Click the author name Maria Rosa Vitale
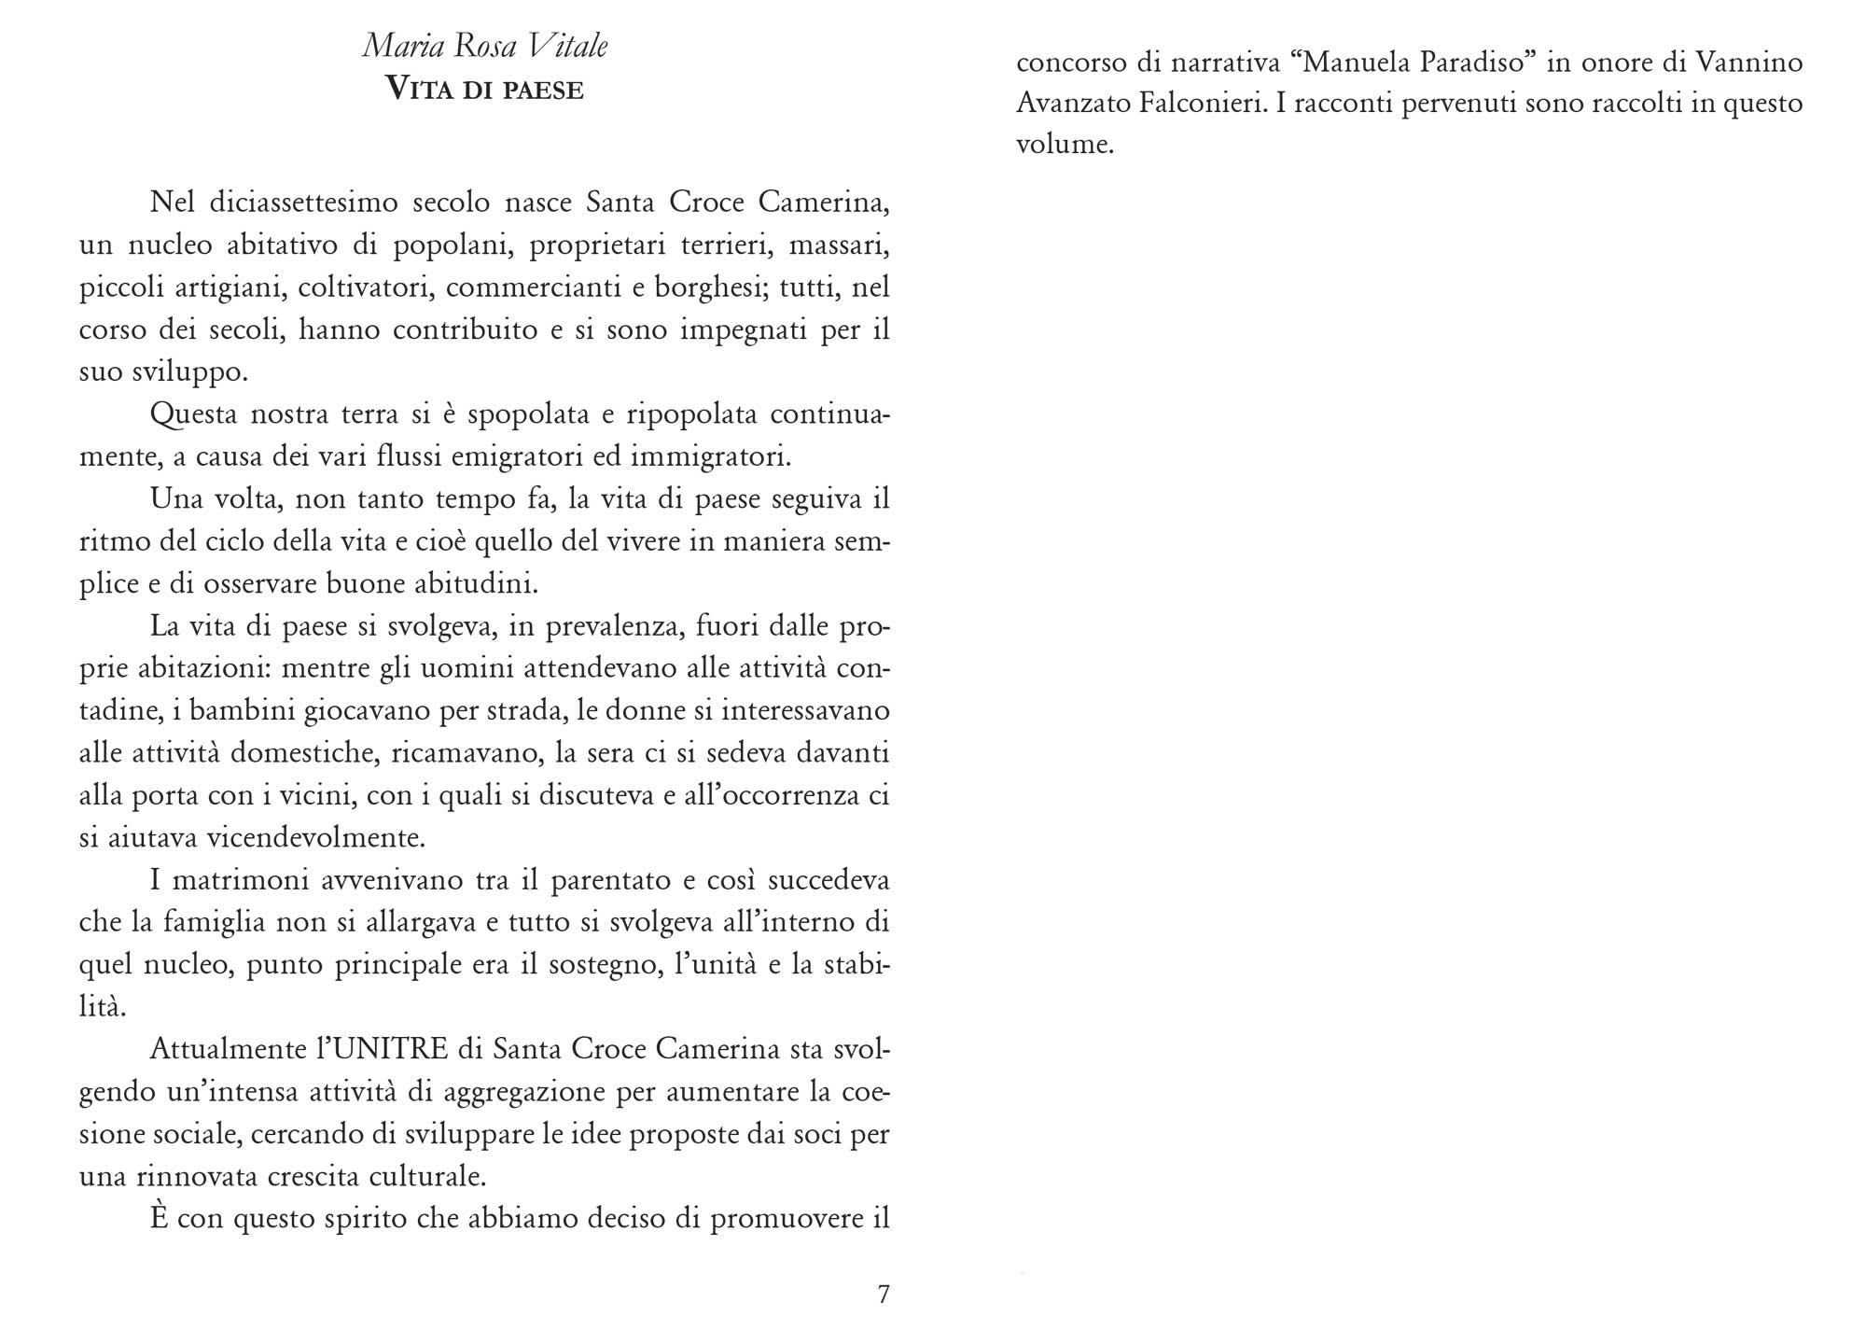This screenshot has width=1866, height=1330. (485, 46)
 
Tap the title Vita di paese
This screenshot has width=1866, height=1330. (485, 90)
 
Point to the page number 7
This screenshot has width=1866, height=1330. (884, 1294)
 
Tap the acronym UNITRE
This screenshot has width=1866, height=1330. (391, 1049)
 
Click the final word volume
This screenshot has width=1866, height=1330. (1065, 146)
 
